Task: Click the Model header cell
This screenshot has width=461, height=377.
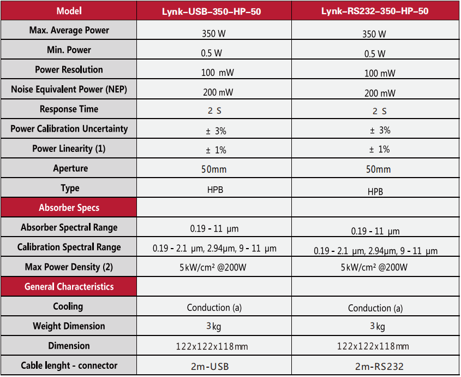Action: tap(69, 11)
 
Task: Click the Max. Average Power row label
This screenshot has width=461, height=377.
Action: tap(69, 31)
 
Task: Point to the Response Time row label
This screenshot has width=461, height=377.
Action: tap(69, 109)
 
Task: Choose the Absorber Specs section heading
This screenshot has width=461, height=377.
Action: tap(69, 208)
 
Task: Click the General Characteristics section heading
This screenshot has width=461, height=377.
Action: tap(69, 286)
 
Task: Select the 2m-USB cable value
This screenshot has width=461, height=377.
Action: tap(214, 366)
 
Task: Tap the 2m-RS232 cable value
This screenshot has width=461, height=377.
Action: tap(375, 367)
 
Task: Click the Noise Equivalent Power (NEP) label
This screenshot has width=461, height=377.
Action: tap(69, 90)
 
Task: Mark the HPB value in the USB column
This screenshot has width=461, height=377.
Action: tap(214, 190)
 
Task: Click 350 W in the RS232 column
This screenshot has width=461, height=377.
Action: tap(374, 34)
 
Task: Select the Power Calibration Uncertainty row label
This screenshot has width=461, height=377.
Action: tap(69, 129)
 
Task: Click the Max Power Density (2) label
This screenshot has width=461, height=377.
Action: tap(69, 267)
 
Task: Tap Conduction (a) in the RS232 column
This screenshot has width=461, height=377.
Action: tap(375, 308)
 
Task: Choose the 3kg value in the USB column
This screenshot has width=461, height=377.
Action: tap(214, 326)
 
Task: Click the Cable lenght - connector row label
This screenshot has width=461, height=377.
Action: tap(69, 366)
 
